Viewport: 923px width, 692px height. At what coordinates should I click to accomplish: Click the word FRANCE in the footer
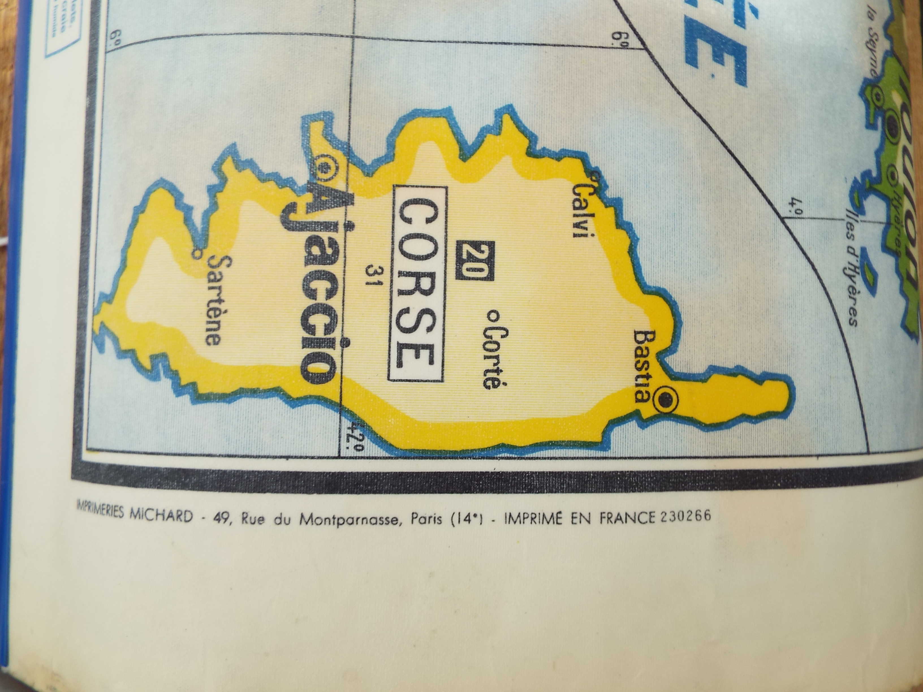[626, 517]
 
